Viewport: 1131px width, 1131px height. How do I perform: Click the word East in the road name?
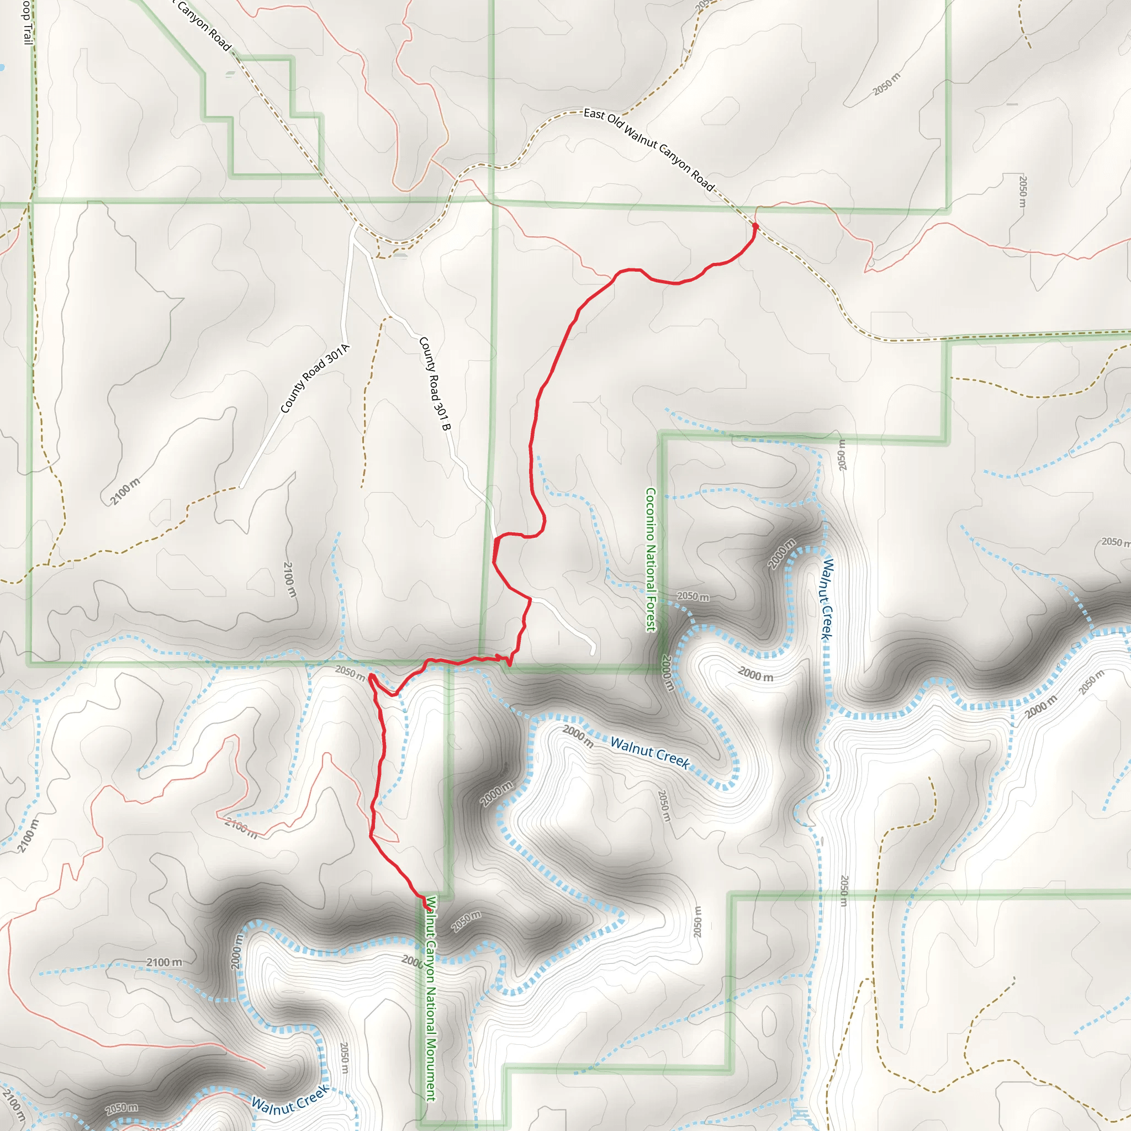594,114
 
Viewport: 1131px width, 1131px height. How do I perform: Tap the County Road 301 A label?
314,379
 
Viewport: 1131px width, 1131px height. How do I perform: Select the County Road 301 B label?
435,384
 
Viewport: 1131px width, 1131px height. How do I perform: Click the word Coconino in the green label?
651,515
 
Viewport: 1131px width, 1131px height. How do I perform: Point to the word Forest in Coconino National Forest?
651,611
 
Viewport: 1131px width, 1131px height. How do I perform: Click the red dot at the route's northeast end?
755,226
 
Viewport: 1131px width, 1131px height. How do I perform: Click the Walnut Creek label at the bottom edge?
290,1100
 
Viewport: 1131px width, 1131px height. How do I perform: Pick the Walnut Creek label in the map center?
650,752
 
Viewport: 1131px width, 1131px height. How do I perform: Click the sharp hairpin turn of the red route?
371,677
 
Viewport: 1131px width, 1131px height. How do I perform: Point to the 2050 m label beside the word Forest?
693,596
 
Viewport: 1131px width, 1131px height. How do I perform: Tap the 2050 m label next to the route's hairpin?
350,672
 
